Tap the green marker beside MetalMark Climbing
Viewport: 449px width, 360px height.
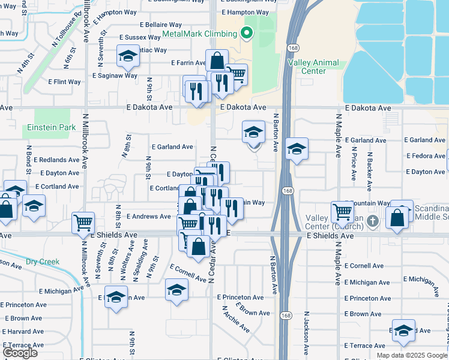pos(246,33)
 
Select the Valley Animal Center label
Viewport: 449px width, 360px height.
pos(313,67)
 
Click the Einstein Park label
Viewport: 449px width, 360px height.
pos(51,127)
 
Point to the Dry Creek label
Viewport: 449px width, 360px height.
pos(43,262)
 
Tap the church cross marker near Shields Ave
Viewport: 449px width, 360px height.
pos(372,221)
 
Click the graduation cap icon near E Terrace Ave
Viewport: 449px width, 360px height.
pos(403,330)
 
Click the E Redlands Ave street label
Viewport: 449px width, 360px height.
pos(56,160)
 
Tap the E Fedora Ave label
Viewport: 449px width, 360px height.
pos(424,156)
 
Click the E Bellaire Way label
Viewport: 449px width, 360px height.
pos(160,25)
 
